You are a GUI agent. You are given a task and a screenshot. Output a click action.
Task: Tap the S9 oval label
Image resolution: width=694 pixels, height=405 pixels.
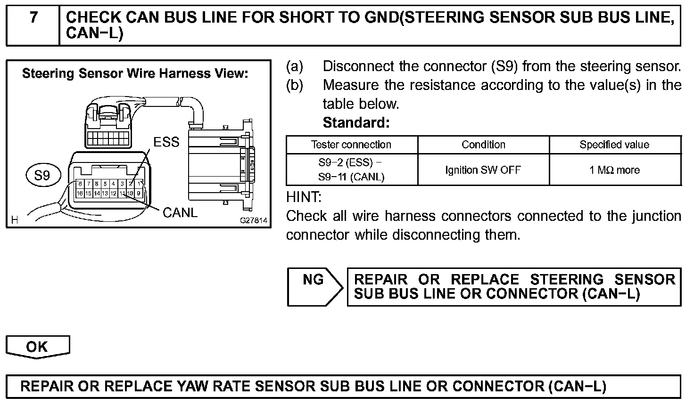pyautogui.click(x=42, y=176)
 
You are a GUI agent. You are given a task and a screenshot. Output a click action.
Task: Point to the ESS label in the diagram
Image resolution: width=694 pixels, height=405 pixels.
pyautogui.click(x=166, y=142)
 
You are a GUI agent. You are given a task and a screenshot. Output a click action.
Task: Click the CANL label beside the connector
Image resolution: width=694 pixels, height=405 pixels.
pyautogui.click(x=180, y=213)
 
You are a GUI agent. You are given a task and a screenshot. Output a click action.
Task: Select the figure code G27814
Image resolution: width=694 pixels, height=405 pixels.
pyautogui.click(x=254, y=220)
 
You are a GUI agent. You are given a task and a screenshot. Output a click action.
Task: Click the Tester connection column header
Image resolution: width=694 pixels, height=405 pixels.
pyautogui.click(x=351, y=145)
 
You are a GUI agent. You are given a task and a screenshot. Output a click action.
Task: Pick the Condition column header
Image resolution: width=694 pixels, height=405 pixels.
pyautogui.click(x=483, y=145)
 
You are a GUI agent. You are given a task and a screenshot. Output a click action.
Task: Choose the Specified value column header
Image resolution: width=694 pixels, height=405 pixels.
pyautogui.click(x=614, y=145)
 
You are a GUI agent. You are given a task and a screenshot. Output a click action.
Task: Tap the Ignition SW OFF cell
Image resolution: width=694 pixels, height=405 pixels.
pyautogui.click(x=483, y=170)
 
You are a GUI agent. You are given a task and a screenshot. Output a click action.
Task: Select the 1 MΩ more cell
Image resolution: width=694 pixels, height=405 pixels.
pyautogui.click(x=614, y=170)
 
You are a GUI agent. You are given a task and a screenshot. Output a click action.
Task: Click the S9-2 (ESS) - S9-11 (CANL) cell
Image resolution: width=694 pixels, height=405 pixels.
pyautogui.click(x=351, y=170)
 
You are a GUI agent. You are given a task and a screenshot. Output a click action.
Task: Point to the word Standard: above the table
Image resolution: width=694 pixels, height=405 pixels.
pyautogui.click(x=356, y=123)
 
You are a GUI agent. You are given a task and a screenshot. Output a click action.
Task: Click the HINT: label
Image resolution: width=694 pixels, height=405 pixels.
pyautogui.click(x=304, y=197)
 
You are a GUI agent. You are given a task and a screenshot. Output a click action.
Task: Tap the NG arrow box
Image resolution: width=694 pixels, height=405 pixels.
pyautogui.click(x=314, y=286)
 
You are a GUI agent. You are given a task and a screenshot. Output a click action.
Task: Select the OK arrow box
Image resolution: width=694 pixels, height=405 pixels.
pyautogui.click(x=37, y=347)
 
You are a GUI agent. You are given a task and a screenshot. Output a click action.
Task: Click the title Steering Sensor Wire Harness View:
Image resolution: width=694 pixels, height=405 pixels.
pyautogui.click(x=135, y=73)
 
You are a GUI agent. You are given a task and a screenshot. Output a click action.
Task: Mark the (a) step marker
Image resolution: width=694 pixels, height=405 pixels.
pyautogui.click(x=295, y=66)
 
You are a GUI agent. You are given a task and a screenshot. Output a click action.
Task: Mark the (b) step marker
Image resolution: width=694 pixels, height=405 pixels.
pyautogui.click(x=295, y=85)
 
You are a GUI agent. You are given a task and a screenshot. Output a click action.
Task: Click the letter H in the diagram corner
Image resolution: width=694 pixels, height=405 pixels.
pyautogui.click(x=14, y=219)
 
